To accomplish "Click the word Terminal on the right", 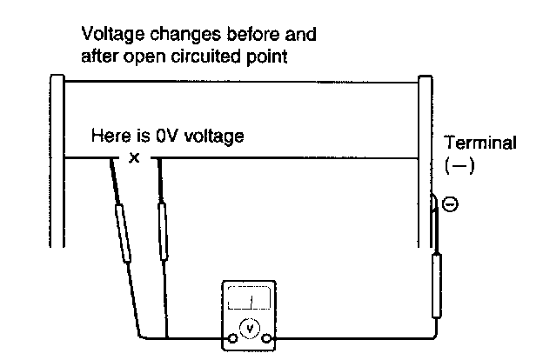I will pos(479,142).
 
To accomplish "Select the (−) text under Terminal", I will pos(459,165).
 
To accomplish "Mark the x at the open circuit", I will pos(133,158).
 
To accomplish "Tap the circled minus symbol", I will pos(450,205).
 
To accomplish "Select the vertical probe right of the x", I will pos(162,230).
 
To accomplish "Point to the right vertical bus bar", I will pos(426,157).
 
